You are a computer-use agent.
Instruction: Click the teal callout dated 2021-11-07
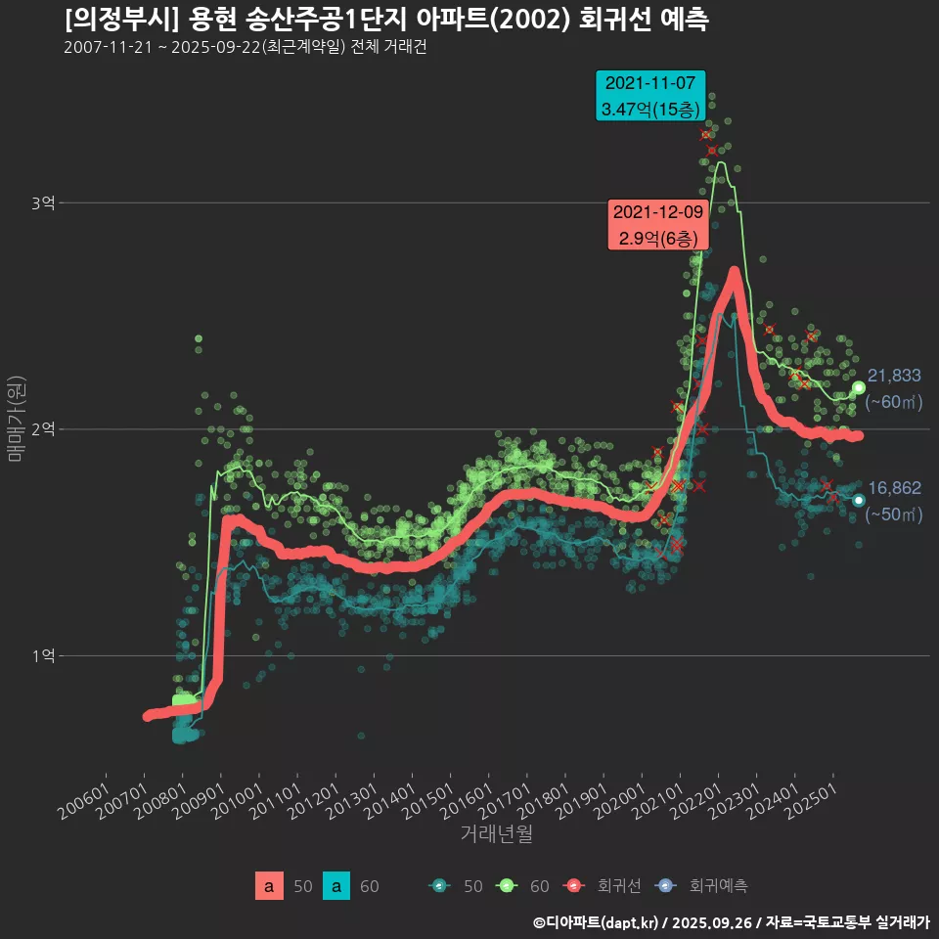pyautogui.click(x=651, y=95)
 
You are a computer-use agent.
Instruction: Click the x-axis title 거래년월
pyautogui.click(x=496, y=834)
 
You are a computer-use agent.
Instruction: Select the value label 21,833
pyautogui.click(x=894, y=376)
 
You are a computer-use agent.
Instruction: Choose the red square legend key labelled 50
pyautogui.click(x=268, y=886)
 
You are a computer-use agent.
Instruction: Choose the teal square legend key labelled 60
pyautogui.click(x=335, y=886)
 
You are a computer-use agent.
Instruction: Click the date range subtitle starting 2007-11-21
pyautogui.click(x=245, y=48)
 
